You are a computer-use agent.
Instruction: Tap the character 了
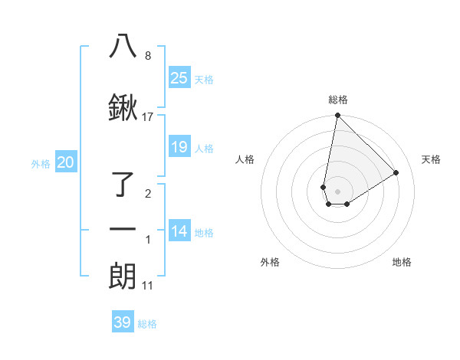124,185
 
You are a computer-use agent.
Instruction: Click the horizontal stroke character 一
123,230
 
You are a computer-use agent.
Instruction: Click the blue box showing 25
179,78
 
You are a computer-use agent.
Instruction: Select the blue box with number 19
179,147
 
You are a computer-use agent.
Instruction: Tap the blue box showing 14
179,232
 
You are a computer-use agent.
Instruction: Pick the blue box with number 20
66,162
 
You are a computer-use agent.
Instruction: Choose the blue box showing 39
123,322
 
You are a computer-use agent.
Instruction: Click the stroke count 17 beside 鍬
148,117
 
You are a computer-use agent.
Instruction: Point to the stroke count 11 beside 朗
148,286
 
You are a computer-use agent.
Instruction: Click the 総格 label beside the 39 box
147,324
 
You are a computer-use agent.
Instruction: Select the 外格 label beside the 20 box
41,163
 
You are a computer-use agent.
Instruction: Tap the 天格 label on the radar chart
431,159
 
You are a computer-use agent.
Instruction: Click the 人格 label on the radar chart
245,159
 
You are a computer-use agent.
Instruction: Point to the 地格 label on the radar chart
402,262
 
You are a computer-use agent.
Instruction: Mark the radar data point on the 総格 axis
337,116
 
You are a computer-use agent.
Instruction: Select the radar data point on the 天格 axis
396,172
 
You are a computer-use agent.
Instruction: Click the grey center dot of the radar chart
337,191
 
